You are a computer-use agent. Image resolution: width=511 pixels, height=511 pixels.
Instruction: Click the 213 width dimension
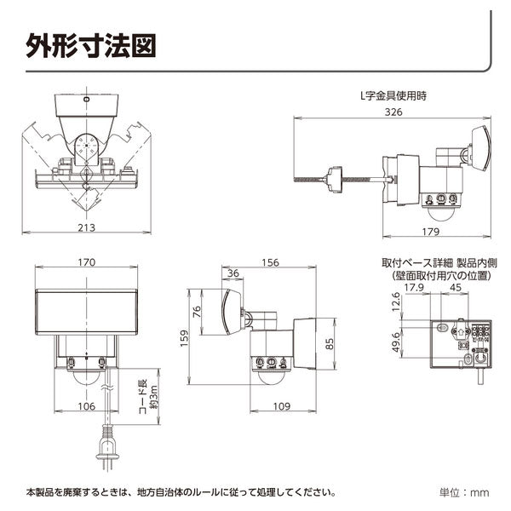(85, 227)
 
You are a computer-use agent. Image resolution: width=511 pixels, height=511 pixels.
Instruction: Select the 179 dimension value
(432, 232)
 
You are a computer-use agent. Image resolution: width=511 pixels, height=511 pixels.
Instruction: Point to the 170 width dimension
(86, 262)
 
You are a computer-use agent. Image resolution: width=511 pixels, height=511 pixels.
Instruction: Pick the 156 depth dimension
(270, 262)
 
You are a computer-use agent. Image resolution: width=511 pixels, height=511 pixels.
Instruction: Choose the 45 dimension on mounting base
(456, 287)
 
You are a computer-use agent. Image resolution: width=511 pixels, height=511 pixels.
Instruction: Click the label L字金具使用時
(393, 97)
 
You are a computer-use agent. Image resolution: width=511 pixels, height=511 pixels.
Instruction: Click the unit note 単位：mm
(464, 492)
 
